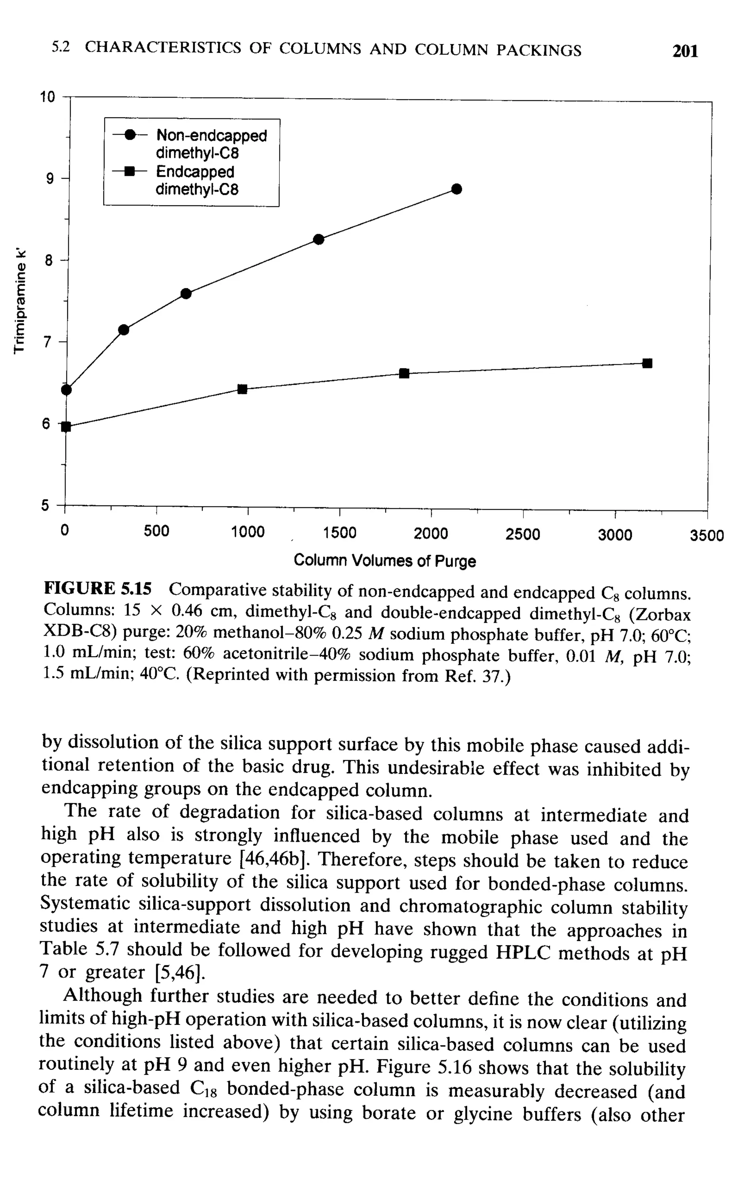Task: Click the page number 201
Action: [x=685, y=51]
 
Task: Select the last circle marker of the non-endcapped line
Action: [x=456, y=189]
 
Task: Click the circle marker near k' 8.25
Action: [x=318, y=239]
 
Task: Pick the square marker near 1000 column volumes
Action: [x=242, y=389]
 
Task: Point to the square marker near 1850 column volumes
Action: [x=404, y=373]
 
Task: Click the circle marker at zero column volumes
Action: [x=67, y=390]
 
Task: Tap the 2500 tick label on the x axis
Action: [x=523, y=534]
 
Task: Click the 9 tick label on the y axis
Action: [x=50, y=179]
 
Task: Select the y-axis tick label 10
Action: [x=48, y=97]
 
